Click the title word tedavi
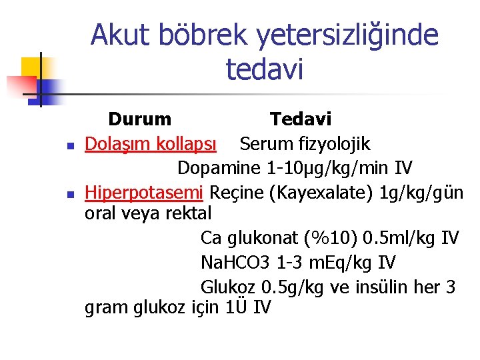265,69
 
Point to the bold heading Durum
139,120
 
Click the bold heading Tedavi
301,120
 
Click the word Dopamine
219,168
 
